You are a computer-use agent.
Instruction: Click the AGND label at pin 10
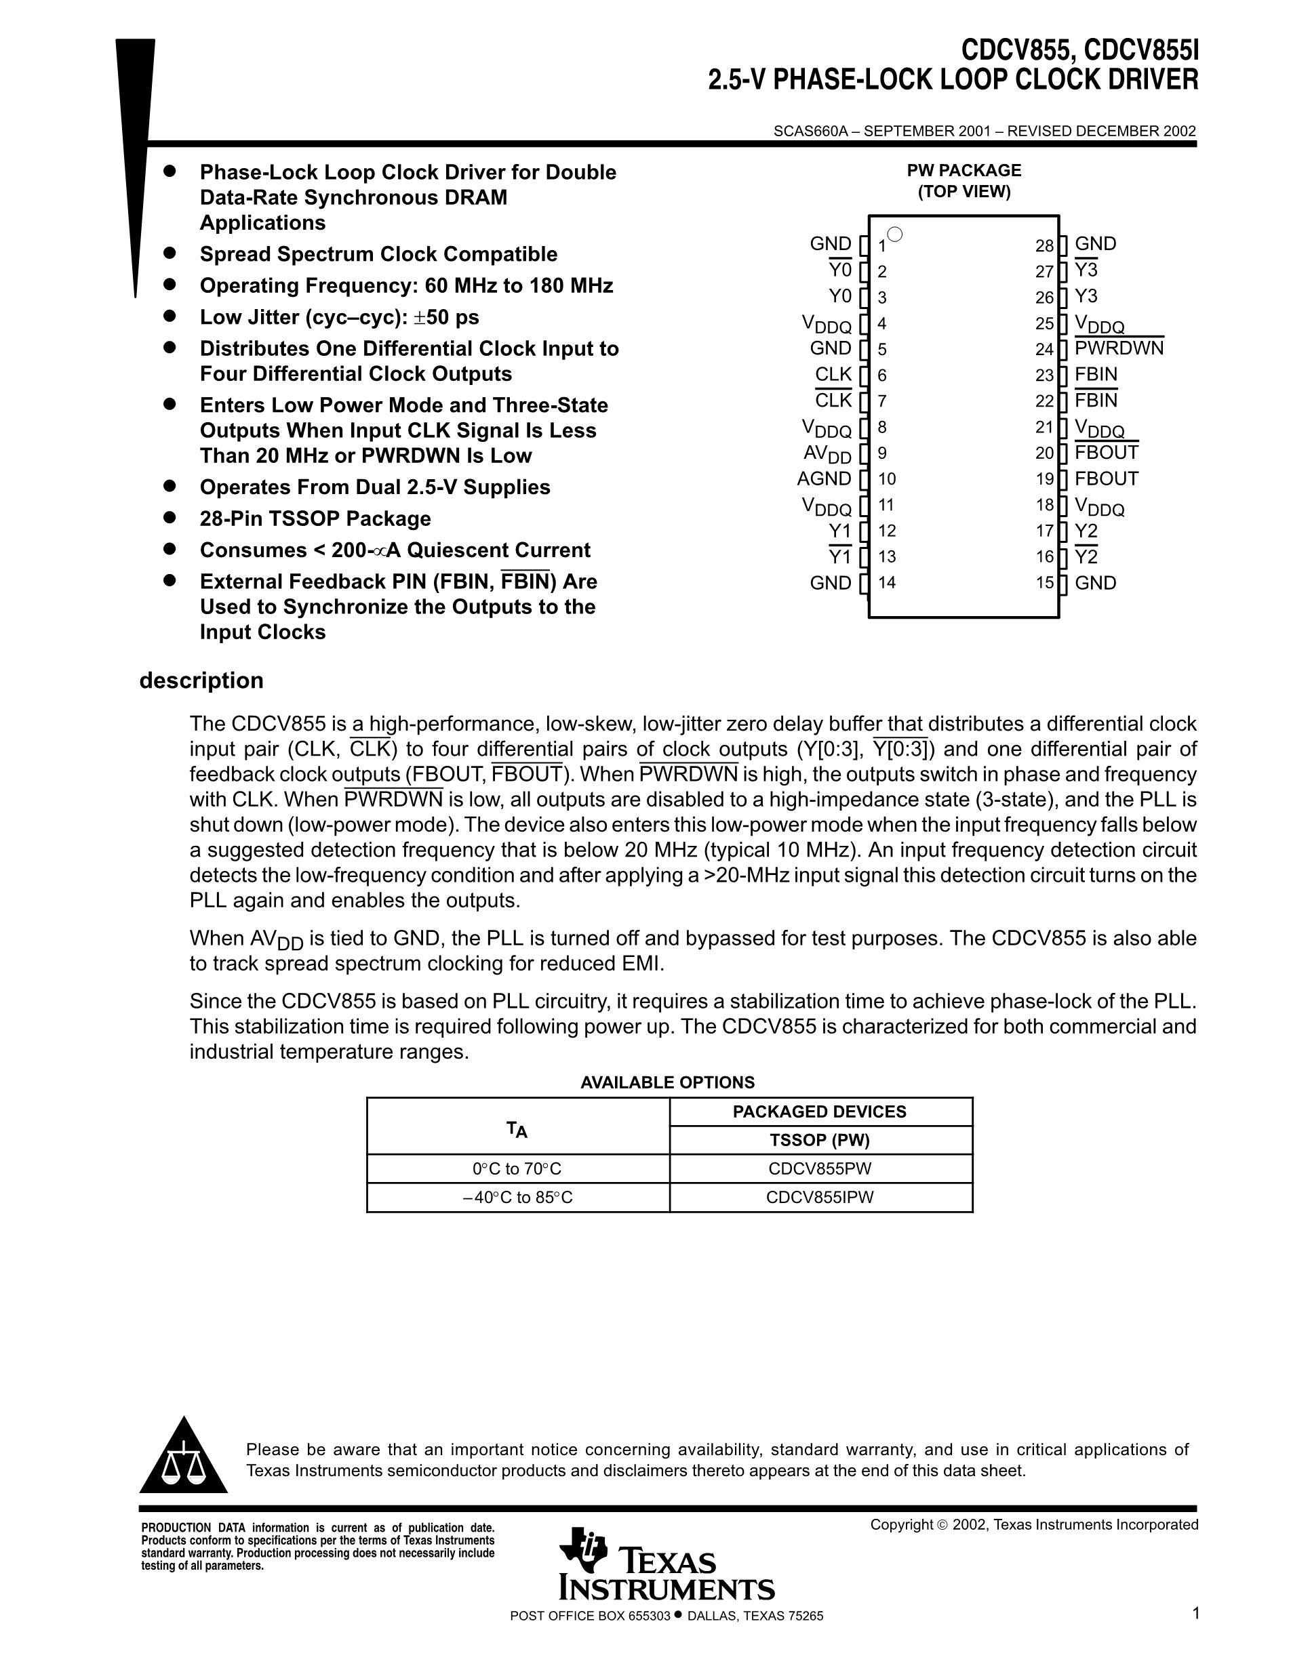(x=824, y=478)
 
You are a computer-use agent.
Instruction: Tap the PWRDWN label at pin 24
(x=1119, y=348)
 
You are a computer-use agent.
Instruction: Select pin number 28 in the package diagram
(x=1045, y=245)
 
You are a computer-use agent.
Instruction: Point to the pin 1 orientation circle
(x=896, y=235)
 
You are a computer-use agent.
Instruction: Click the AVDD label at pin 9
(x=827, y=453)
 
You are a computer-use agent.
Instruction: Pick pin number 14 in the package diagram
(x=887, y=583)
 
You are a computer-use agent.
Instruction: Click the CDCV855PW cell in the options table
(x=820, y=1168)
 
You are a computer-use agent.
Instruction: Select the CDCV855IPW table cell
(x=820, y=1198)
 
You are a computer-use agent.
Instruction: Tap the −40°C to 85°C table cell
(x=518, y=1198)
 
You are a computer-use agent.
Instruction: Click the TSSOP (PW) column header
(x=820, y=1140)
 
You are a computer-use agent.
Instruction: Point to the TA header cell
(x=517, y=1126)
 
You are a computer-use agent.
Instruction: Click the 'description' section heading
(x=201, y=680)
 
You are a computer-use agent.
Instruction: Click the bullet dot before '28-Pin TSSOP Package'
(x=170, y=518)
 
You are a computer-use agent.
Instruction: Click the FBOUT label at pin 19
(x=1106, y=478)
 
